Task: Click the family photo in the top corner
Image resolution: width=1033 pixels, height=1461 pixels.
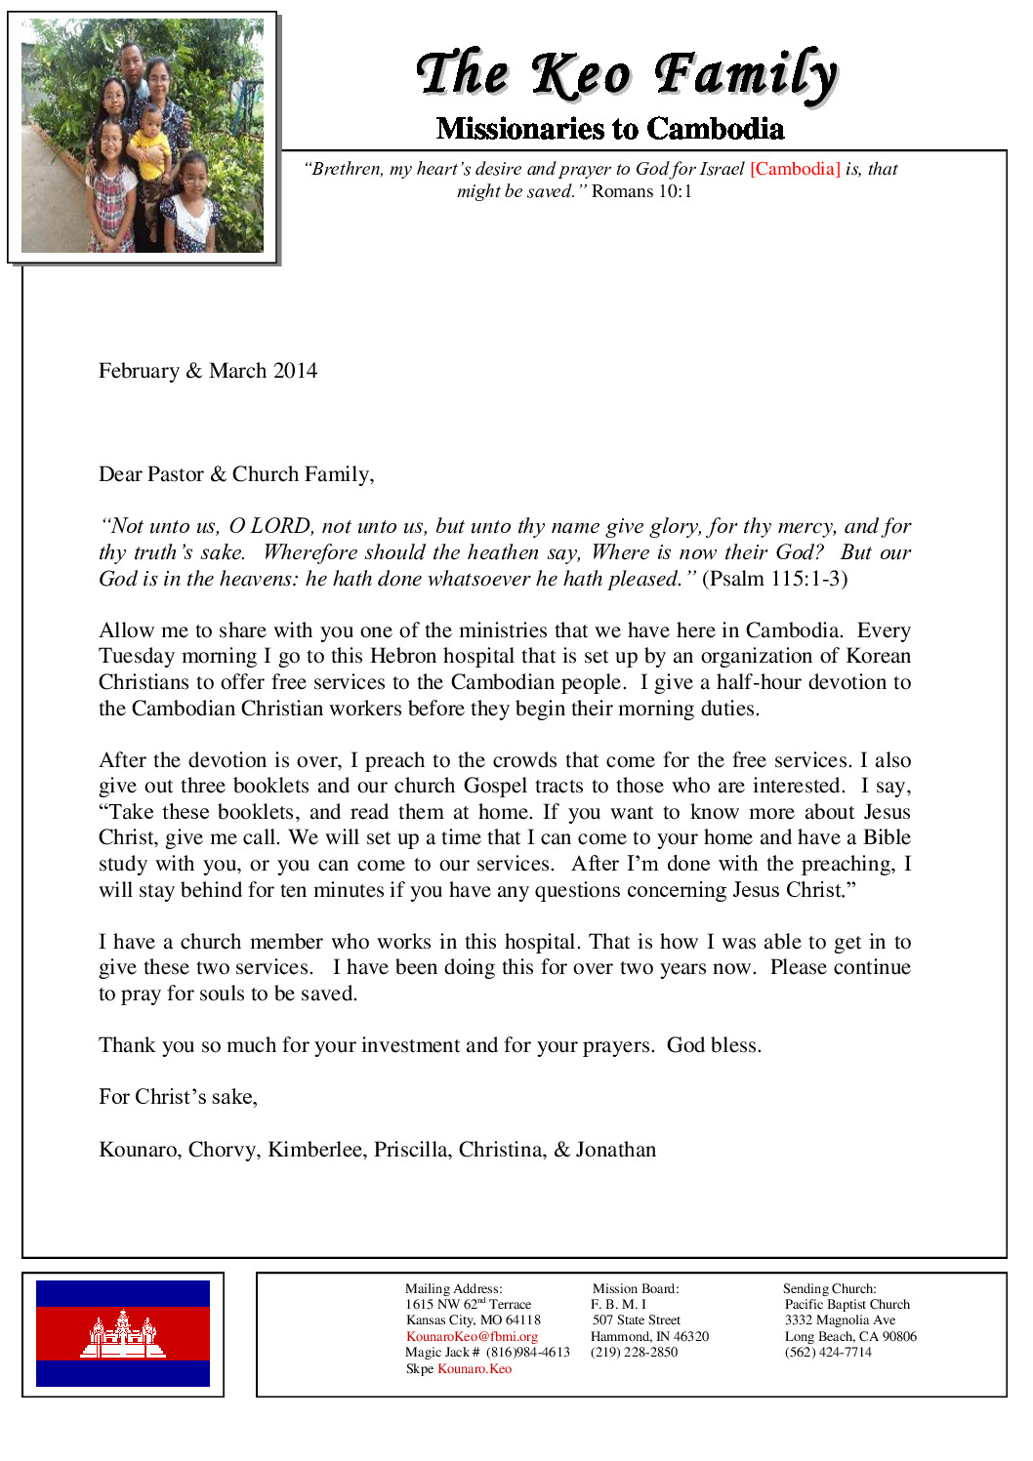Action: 143,137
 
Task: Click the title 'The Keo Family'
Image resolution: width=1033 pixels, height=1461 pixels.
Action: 626,74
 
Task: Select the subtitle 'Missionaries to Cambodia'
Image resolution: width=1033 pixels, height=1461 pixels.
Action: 610,129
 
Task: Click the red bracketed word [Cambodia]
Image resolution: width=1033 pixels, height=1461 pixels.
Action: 795,169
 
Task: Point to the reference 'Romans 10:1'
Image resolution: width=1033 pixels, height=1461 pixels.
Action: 641,191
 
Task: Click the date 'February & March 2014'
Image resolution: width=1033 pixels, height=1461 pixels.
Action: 208,371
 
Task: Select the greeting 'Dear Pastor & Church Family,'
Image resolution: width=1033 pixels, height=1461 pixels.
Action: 236,474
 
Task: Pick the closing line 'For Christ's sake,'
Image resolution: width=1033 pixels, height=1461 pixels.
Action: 178,1097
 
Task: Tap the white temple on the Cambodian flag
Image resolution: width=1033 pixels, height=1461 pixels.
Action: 123,1334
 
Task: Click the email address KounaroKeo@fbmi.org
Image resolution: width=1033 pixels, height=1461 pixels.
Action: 472,1336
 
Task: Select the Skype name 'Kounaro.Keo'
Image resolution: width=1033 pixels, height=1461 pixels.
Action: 475,1368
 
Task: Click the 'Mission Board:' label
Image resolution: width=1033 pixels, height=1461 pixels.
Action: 636,1288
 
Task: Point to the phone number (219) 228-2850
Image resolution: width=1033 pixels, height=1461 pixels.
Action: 634,1352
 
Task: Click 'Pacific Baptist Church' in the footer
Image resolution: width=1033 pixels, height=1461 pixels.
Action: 847,1304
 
